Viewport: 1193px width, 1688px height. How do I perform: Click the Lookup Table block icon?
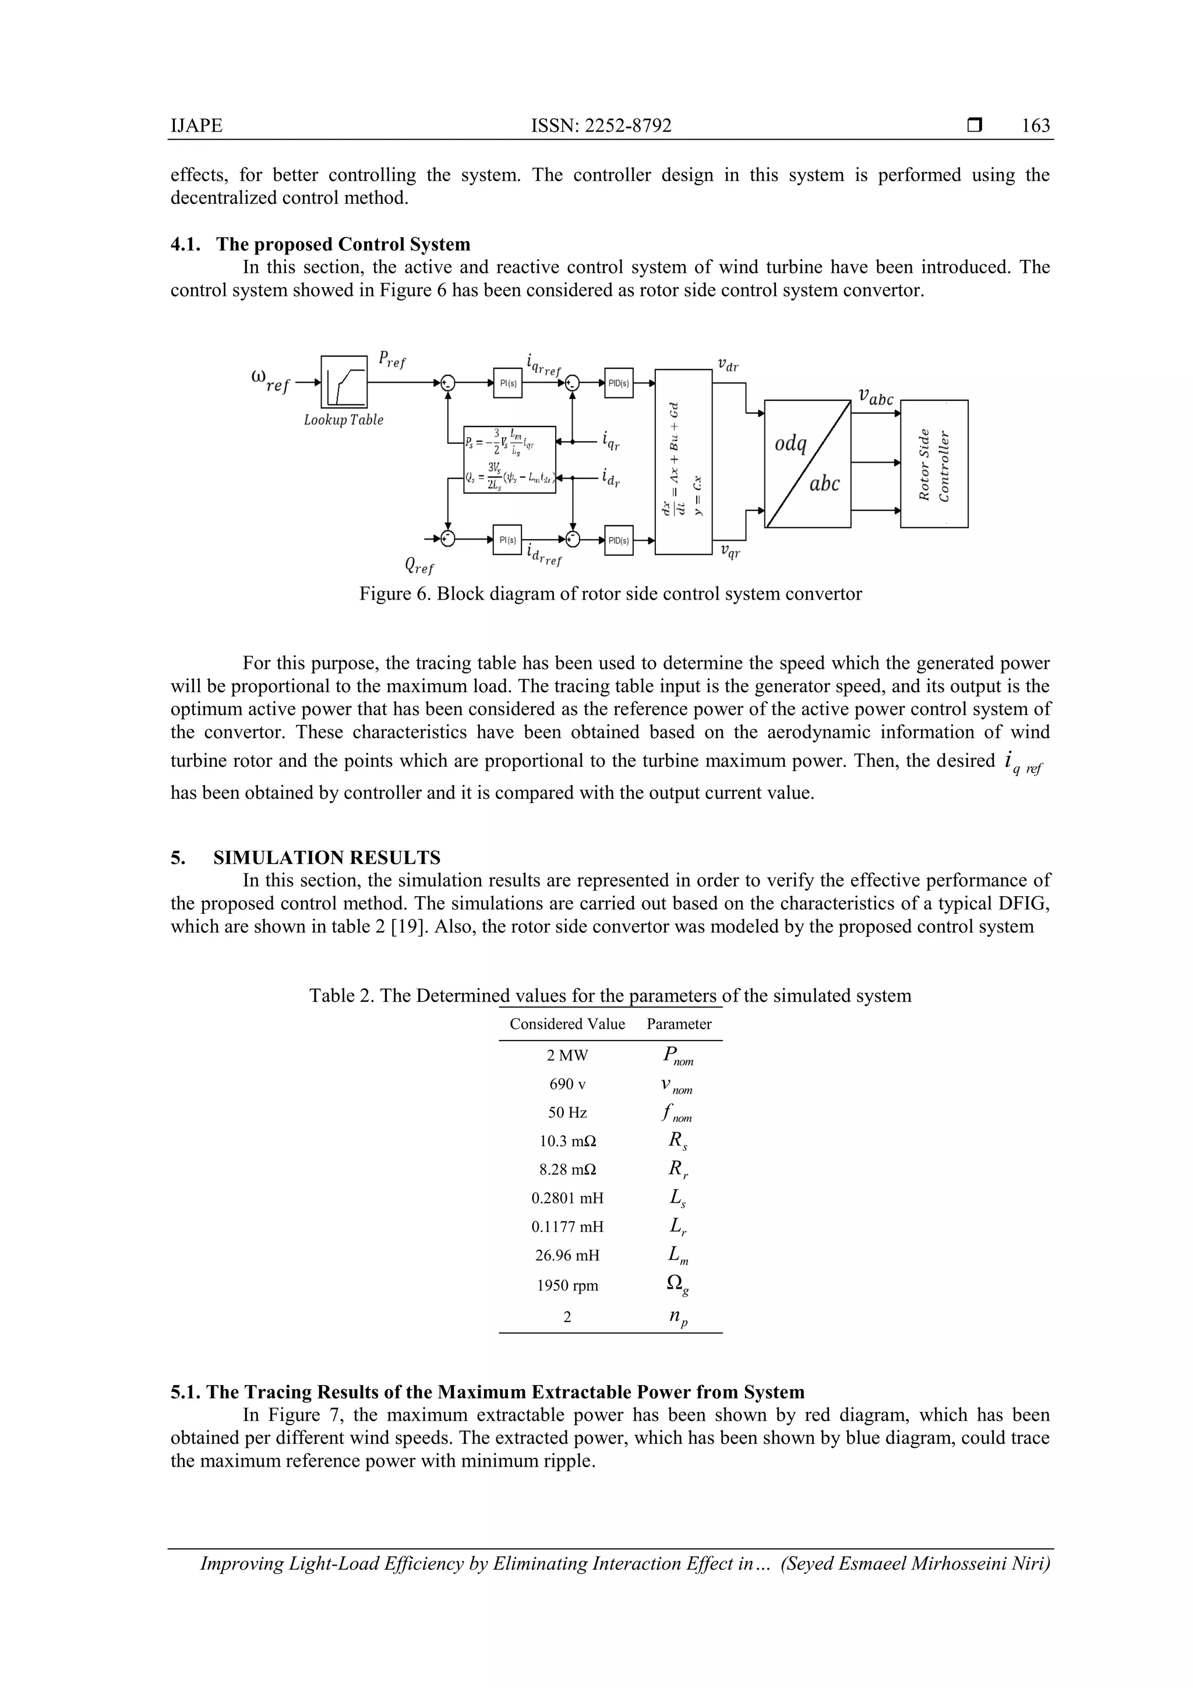click(x=344, y=382)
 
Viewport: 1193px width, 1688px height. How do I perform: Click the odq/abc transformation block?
click(x=807, y=463)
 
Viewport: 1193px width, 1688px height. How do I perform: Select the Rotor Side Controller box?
click(x=934, y=463)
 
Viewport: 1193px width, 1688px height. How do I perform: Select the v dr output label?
click(x=728, y=365)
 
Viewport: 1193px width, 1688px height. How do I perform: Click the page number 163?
click(x=1035, y=126)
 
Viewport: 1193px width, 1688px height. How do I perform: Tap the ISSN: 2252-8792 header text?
click(x=601, y=126)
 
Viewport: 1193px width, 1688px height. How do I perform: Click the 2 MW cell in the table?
click(x=567, y=1056)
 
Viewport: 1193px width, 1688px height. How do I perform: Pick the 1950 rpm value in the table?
click(x=567, y=1286)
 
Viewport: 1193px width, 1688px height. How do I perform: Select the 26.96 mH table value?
click(x=567, y=1256)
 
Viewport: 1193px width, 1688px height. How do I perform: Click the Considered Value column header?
click(x=567, y=1024)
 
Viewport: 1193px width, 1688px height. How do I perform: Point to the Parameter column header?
click(x=679, y=1024)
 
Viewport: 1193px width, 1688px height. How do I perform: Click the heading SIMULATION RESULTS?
click(x=326, y=858)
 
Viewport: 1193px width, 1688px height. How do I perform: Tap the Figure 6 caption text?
click(x=610, y=594)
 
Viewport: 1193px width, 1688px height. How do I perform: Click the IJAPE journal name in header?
click(x=196, y=126)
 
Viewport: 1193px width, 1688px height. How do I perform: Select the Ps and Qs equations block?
click(x=509, y=460)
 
